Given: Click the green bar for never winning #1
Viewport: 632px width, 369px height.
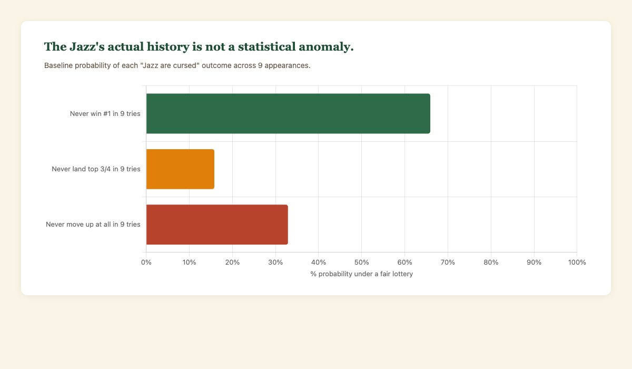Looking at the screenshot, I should pos(288,113).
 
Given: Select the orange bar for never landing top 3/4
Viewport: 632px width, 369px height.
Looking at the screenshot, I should pos(180,169).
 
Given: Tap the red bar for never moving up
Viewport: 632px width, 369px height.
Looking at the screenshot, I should pos(217,225).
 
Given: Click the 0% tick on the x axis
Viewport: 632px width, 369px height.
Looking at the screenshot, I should pos(146,263).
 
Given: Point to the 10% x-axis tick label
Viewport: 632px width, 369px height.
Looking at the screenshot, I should pos(190,263).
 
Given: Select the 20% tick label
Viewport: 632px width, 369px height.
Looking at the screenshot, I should pos(232,263).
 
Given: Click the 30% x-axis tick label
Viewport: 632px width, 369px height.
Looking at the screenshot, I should pos(275,263).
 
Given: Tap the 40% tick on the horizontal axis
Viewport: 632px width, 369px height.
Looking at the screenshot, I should pos(319,263).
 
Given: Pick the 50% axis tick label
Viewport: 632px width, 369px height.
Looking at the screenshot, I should pos(362,263).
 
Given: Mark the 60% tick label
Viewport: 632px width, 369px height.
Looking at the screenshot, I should pos(404,263).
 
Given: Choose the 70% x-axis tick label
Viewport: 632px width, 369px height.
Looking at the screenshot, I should pos(448,263).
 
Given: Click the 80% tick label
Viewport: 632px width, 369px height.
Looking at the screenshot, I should pos(491,263).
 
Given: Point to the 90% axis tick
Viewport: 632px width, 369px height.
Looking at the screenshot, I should pos(534,263).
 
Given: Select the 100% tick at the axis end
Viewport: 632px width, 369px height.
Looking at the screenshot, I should pos(577,263).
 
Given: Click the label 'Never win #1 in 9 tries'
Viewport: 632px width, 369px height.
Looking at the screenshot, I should pos(105,113).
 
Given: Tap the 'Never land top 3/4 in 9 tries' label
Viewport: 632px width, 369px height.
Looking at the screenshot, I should pos(96,169).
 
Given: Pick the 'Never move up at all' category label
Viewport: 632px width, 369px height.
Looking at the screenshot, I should pos(93,225).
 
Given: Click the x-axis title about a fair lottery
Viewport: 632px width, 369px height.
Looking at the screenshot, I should pos(362,274).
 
